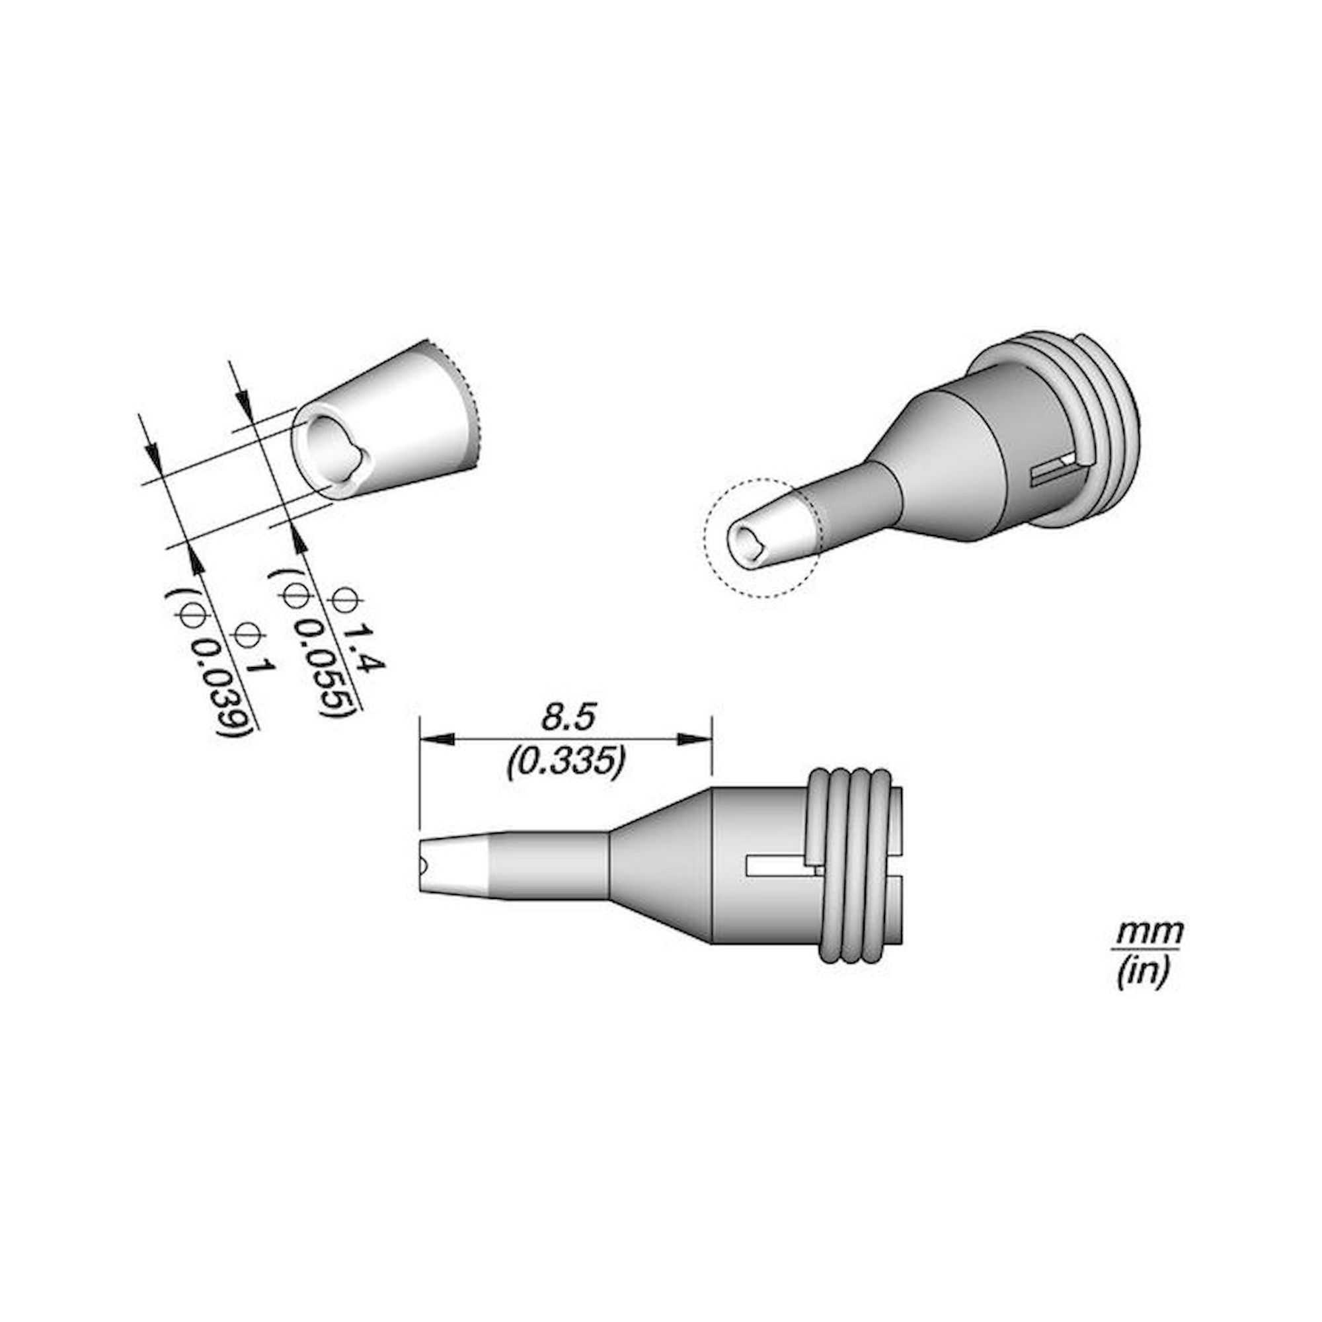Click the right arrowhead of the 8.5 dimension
695,740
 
